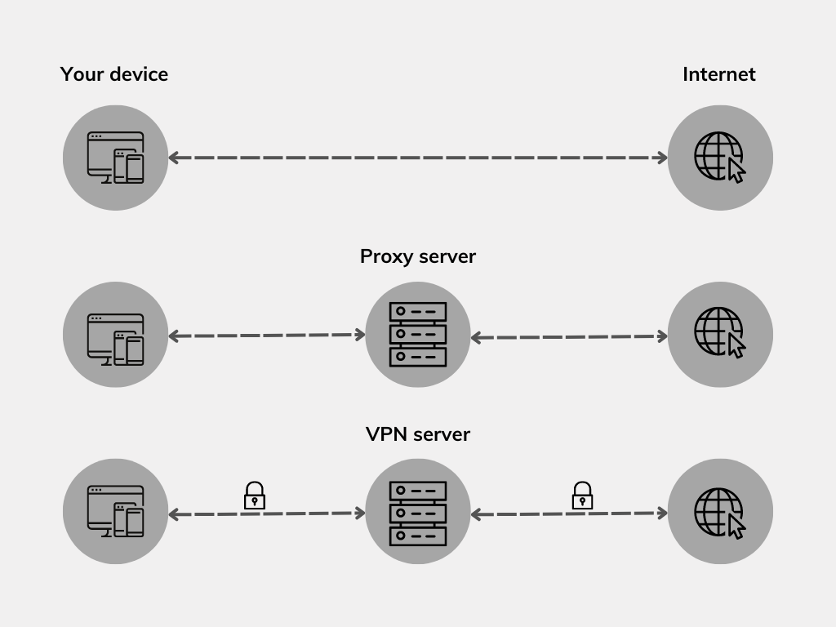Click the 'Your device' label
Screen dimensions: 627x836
coord(114,74)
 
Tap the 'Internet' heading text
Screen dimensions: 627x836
coord(718,74)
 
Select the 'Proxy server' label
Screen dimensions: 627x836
coord(417,256)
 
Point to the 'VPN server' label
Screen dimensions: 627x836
coord(417,434)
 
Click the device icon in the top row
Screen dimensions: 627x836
coord(115,158)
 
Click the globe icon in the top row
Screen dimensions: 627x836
coord(719,158)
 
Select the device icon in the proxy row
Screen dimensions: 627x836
coord(115,335)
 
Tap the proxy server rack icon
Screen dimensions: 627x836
coord(417,335)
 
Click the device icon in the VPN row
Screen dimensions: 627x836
coord(115,512)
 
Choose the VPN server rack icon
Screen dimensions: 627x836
coord(417,512)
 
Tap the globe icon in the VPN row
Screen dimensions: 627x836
coord(719,512)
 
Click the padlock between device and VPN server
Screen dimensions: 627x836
coord(255,495)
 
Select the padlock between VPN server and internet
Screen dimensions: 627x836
coord(581,495)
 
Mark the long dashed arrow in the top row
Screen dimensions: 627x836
coord(417,158)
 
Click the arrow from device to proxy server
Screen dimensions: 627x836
coord(266,335)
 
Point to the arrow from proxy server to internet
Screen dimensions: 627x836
coord(569,336)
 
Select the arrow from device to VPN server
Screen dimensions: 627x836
coord(266,514)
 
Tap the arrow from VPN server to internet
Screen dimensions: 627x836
coord(569,514)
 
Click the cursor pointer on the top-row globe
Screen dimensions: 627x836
coord(736,171)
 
